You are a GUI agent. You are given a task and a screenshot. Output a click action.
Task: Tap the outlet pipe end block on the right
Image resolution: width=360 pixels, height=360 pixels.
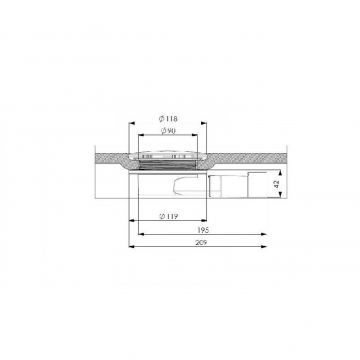[247, 184]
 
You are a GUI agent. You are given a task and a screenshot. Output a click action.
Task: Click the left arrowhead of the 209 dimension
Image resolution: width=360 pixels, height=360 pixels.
[129, 246]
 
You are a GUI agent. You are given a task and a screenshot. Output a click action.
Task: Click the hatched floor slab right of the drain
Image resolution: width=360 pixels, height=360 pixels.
[260, 164]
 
